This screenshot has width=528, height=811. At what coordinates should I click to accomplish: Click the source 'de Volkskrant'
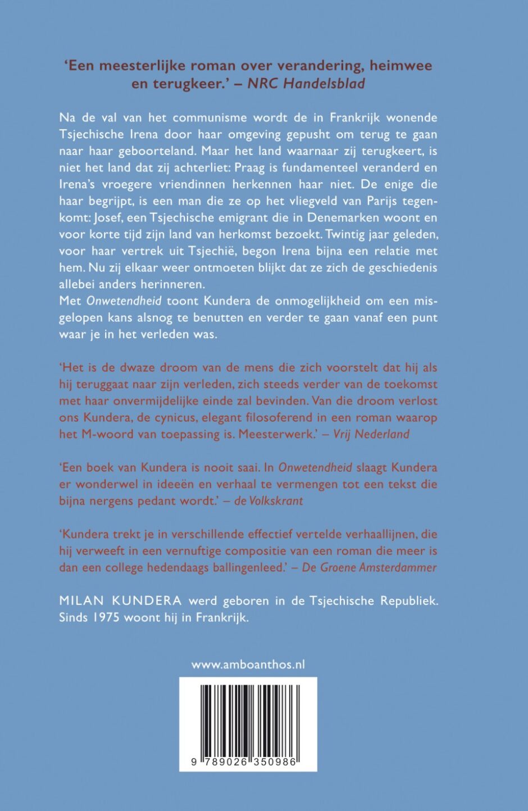click(268, 501)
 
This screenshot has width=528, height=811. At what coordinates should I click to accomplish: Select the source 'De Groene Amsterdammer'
click(369, 567)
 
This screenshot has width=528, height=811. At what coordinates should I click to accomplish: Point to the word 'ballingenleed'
click(248, 567)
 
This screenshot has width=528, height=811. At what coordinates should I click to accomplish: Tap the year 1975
click(107, 617)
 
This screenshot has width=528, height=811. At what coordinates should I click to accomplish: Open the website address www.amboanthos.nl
click(248, 664)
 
